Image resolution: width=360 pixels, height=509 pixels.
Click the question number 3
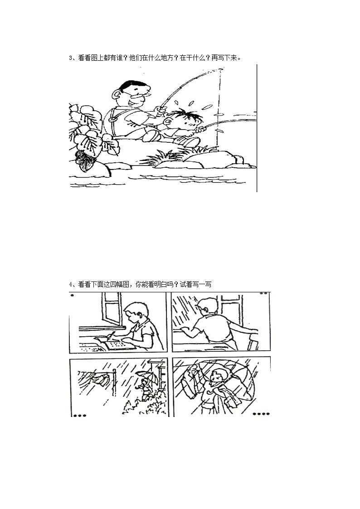70,58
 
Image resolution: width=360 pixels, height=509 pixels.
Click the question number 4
70,285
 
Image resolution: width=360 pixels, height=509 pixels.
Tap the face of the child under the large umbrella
218,378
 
